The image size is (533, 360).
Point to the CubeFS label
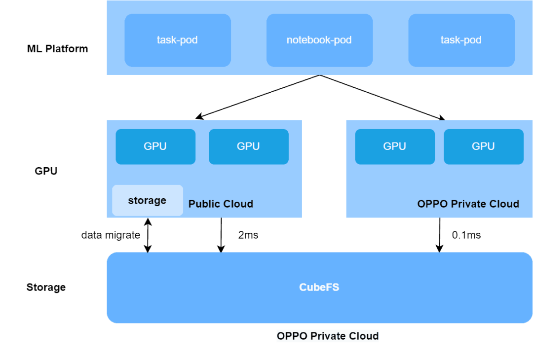tap(319, 287)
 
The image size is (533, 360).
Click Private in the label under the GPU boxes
tap(465, 204)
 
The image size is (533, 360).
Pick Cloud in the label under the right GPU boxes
tap(502, 204)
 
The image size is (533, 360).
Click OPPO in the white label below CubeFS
tap(291, 336)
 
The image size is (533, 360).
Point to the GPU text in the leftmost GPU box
tap(155, 146)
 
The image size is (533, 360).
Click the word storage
tap(147, 201)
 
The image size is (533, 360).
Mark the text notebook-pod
tap(319, 40)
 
